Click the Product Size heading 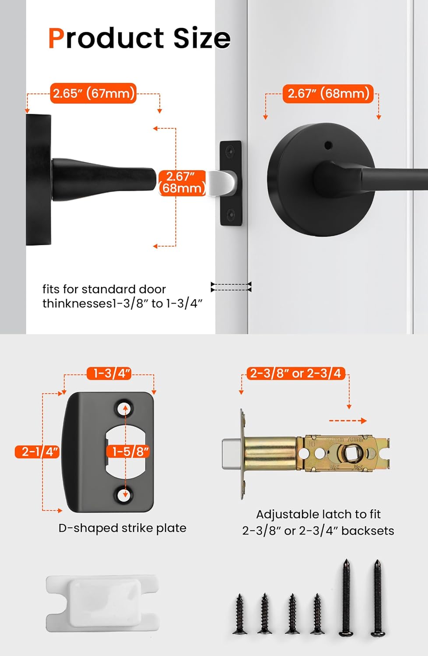coord(139,38)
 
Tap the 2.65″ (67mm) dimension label coord(93,93)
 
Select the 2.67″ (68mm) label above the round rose coord(328,93)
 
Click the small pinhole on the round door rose coord(328,144)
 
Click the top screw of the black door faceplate coord(231,151)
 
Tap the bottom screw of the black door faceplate coord(231,214)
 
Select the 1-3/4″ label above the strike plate coord(109,373)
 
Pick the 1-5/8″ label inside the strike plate coord(130,451)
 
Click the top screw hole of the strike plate coord(123,408)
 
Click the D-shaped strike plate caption coord(122,528)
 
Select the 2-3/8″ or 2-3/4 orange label coord(295,373)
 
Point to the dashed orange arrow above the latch coord(347,421)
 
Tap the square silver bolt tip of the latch coord(231,454)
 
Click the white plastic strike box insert coord(102,603)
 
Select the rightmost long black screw coord(377,597)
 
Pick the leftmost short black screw coord(239,614)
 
